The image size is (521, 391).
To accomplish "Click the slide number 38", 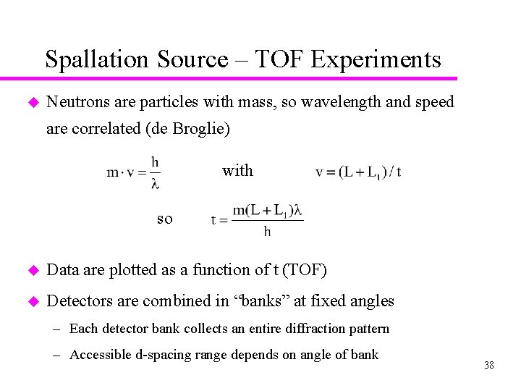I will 489,366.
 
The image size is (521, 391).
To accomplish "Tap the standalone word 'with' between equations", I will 237,171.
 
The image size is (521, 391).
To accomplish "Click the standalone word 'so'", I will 165,218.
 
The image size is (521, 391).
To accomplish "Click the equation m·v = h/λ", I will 134,172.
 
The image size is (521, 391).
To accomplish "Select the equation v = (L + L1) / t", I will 358,172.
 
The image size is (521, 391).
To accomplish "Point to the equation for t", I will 257,219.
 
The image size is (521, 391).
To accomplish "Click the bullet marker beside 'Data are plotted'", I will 30,270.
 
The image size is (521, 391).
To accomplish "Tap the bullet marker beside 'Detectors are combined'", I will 30,301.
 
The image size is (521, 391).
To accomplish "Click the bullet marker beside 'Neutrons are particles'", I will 30,102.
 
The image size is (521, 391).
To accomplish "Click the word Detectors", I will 80,300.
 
